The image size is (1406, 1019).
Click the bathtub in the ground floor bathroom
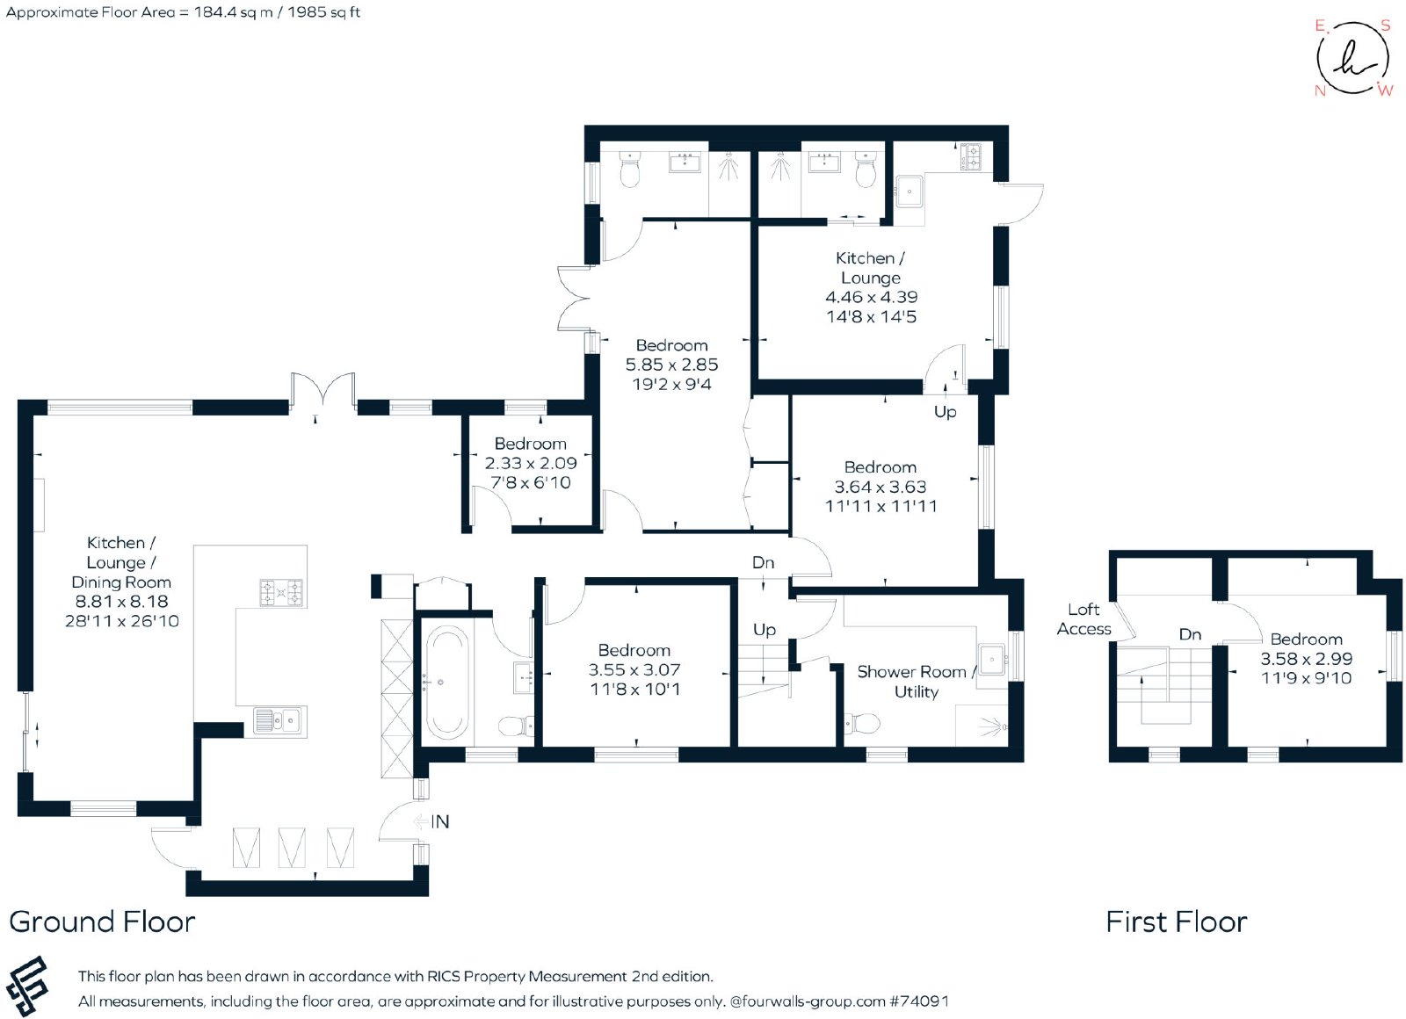point(446,683)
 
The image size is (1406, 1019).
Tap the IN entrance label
point(439,821)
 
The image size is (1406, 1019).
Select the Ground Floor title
point(102,921)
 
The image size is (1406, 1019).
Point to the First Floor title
point(1177,921)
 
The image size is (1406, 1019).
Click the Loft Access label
point(1083,618)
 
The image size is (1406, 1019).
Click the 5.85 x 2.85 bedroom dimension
point(671,365)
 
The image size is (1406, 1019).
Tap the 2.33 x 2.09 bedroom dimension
point(531,463)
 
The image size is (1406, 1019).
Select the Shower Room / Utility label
point(916,682)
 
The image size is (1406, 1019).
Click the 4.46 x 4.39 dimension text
point(871,297)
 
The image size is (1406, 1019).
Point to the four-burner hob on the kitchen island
point(281,592)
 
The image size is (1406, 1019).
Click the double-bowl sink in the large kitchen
point(278,721)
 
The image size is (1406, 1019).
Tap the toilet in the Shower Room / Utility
point(862,724)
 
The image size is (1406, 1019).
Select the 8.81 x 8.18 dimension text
point(122,601)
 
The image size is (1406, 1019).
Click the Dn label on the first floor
point(1190,634)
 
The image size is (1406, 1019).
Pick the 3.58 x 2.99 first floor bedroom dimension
point(1306,658)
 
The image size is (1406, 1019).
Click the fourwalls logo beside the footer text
point(27,986)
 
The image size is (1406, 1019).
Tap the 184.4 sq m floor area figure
point(233,12)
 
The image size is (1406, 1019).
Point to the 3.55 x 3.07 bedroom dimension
point(634,669)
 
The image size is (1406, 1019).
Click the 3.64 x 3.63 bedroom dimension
point(880,487)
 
